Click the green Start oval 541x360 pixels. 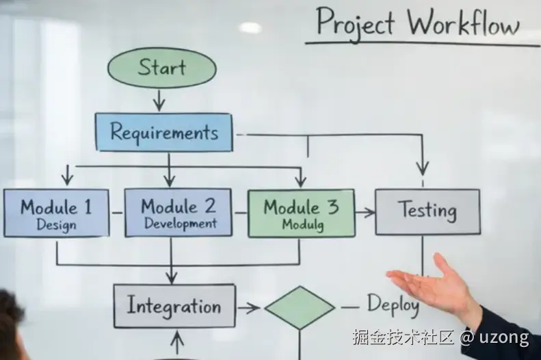(161, 68)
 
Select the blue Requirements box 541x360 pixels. (163, 131)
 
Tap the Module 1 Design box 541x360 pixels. (56, 213)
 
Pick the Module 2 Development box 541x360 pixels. (179, 213)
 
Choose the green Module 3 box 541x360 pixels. (301, 213)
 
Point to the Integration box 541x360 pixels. (174, 306)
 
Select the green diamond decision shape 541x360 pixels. (300, 308)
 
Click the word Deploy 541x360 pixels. (393, 304)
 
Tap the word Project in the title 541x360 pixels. (355, 24)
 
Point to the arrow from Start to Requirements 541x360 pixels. (159, 100)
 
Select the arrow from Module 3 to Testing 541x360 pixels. (365, 213)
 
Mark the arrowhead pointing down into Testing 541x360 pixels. (423, 167)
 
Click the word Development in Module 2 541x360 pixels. (180, 224)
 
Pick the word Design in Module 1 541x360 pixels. (56, 224)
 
